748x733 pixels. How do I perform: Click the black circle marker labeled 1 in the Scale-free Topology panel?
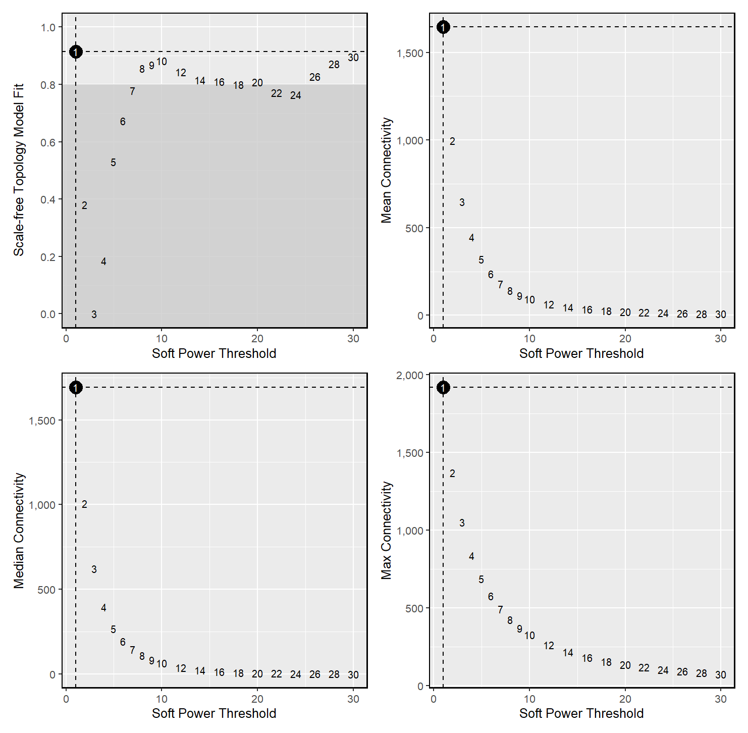tap(76, 51)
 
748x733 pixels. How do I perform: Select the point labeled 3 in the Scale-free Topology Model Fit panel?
tap(94, 315)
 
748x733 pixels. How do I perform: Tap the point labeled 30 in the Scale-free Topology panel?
tap(353, 58)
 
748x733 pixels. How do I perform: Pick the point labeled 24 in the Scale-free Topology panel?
tap(296, 95)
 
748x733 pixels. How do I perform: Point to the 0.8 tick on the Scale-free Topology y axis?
tap(48, 85)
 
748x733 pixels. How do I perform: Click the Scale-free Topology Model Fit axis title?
tap(19, 170)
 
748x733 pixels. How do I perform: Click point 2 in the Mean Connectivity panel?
tap(452, 141)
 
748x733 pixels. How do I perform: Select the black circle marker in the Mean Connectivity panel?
tap(443, 27)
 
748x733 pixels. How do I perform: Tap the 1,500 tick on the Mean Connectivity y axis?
tap(410, 53)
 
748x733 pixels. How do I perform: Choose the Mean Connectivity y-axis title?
tap(386, 170)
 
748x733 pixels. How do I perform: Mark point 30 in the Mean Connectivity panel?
tap(721, 315)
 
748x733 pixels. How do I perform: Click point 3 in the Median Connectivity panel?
tap(94, 569)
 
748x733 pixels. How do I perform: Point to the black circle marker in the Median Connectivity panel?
tap(76, 387)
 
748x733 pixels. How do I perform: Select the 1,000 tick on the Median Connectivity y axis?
tap(42, 505)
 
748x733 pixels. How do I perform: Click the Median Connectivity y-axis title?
tap(19, 530)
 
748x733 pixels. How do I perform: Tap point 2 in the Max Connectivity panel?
tap(452, 474)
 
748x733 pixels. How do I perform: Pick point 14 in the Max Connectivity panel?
tap(568, 653)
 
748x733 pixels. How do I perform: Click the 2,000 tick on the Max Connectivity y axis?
tap(410, 375)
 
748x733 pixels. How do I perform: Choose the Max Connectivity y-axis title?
tap(386, 530)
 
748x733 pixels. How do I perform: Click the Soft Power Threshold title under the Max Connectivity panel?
tap(581, 713)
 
